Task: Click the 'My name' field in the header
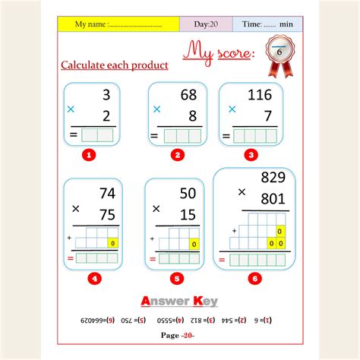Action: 118,24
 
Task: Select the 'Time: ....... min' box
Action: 267,24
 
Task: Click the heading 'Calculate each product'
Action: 114,65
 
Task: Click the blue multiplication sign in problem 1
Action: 71,109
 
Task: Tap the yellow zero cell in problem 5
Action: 194,245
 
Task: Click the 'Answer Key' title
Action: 179,301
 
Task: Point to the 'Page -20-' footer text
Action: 179,335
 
